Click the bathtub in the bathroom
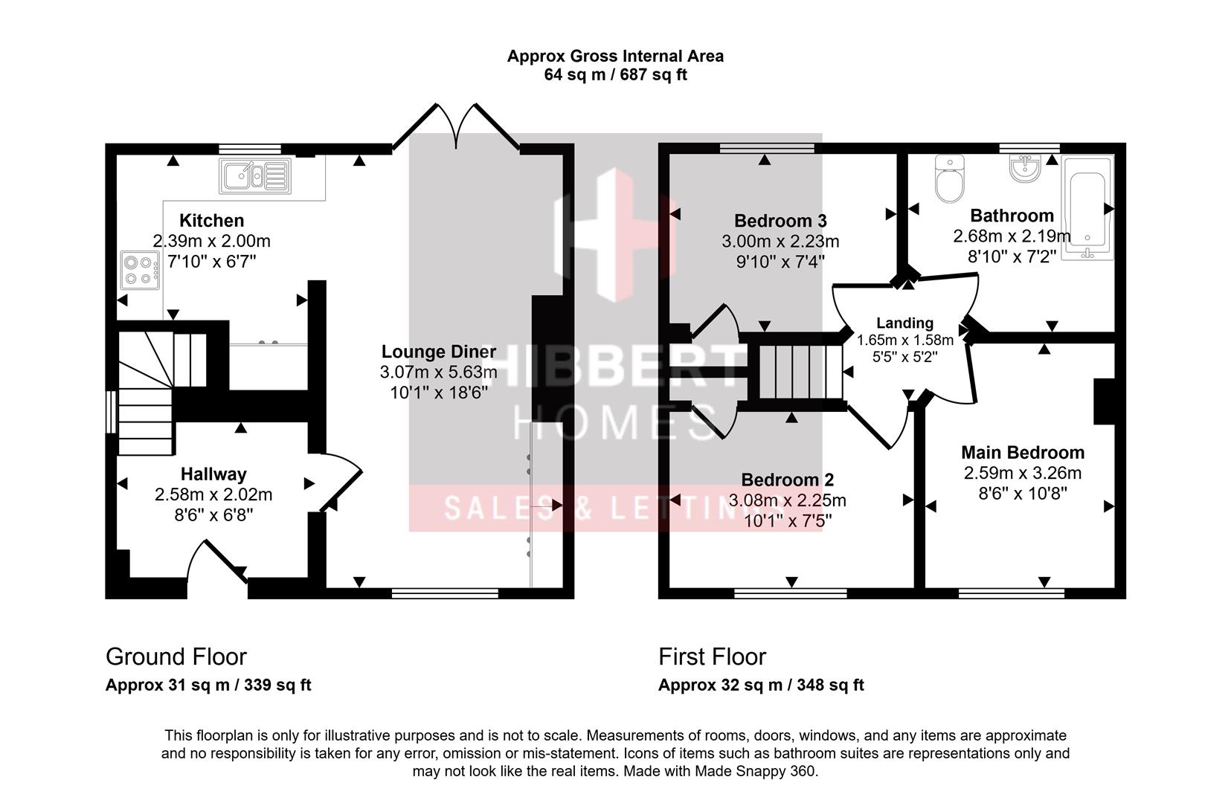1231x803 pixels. pos(1087,208)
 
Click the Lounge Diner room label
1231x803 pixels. pos(438,352)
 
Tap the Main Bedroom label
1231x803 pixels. pos(1022,452)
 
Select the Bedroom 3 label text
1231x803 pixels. pos(780,221)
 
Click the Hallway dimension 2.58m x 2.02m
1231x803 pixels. pos(213,494)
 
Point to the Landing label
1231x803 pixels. pos(904,323)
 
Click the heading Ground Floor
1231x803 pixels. pos(176,657)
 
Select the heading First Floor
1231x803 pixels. pos(712,657)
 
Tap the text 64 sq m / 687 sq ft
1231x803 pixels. pos(615,75)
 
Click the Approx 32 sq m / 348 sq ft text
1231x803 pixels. pos(760,685)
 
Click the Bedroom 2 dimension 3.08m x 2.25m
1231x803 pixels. pos(787,500)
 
